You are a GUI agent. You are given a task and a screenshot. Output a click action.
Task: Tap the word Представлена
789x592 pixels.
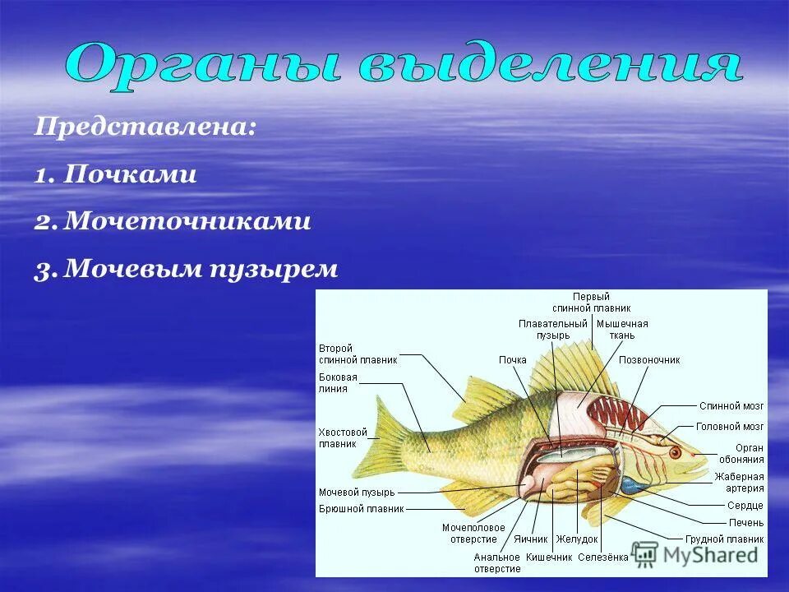point(145,128)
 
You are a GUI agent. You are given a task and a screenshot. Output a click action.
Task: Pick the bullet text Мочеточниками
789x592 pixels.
point(187,222)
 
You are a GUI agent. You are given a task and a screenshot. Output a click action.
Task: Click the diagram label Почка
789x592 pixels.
point(512,360)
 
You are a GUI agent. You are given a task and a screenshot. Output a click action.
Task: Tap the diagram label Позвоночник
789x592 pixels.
point(648,360)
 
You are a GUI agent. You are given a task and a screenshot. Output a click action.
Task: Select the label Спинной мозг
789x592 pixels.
point(731,406)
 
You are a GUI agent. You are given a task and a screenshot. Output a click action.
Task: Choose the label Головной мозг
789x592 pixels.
point(730,427)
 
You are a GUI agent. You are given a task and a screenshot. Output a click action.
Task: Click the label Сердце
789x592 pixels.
point(745,506)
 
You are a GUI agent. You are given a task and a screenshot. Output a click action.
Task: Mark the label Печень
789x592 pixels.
point(745,522)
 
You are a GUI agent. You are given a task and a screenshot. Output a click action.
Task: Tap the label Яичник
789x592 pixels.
point(530,540)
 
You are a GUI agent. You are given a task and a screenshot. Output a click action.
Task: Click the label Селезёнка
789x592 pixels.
point(602,557)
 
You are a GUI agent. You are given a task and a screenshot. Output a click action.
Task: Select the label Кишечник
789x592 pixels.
point(548,557)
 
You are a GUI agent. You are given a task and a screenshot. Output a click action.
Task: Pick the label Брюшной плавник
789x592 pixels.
point(362,509)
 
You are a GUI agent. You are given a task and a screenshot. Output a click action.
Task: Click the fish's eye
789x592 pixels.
point(676,453)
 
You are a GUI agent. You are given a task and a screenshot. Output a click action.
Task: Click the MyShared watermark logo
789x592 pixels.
point(695,555)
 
